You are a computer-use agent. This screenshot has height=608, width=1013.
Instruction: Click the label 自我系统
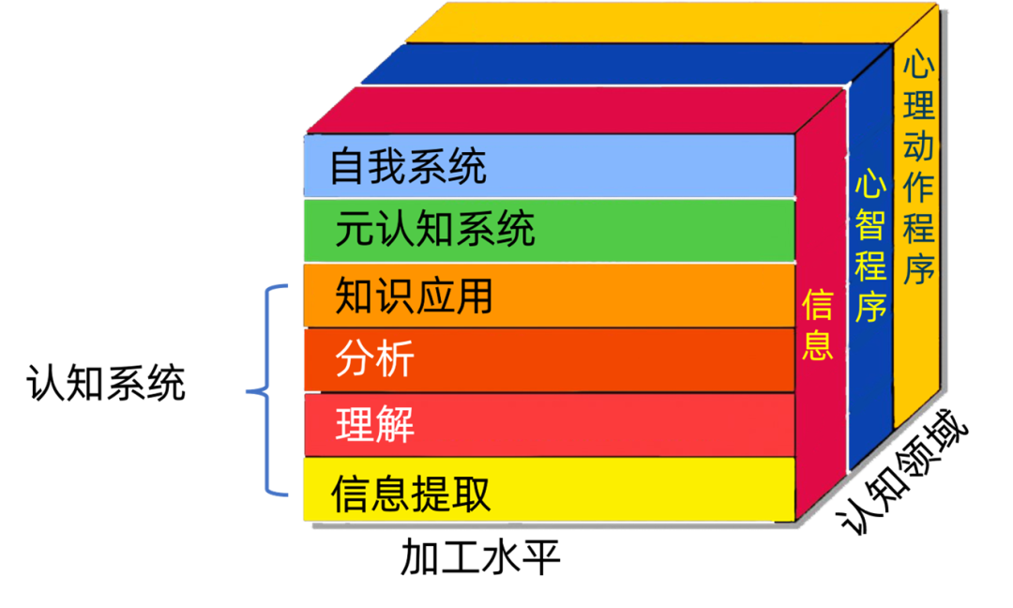(x=408, y=168)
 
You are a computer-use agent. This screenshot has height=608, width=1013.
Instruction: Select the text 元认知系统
(x=435, y=230)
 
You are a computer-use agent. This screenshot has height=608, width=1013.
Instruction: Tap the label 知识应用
(x=414, y=297)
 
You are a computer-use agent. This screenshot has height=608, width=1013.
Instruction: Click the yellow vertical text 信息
(x=818, y=325)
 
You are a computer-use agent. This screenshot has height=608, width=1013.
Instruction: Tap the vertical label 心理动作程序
(x=918, y=169)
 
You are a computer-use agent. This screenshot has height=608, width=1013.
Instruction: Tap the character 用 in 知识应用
(x=474, y=297)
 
